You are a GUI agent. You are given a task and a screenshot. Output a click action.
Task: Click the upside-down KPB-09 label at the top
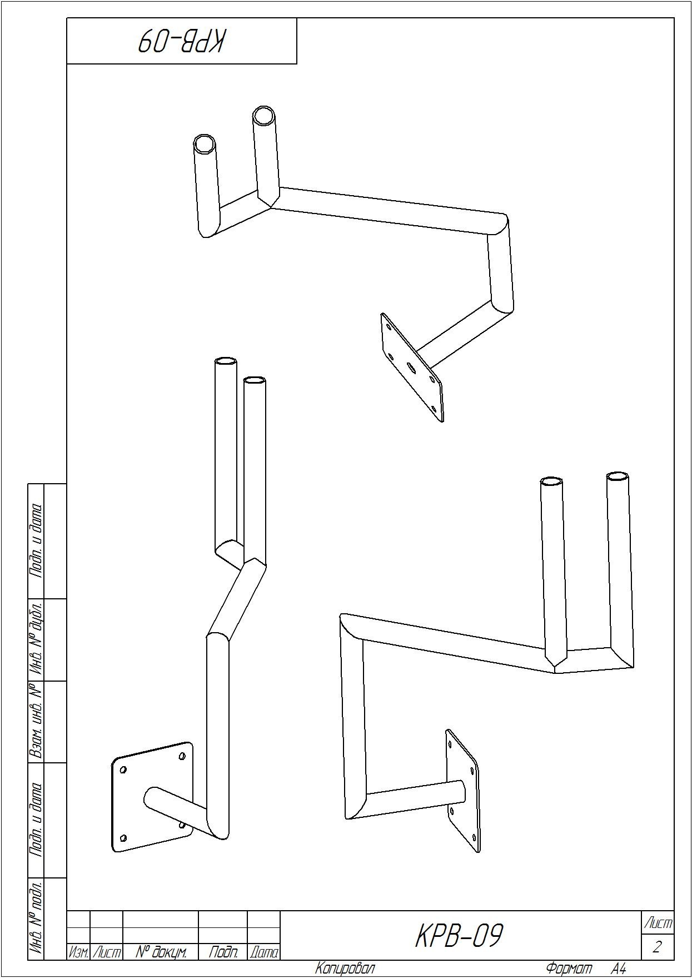pos(182,41)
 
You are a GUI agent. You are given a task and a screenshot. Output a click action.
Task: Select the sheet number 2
pos(658,947)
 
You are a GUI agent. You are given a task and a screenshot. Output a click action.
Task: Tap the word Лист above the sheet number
pos(658,924)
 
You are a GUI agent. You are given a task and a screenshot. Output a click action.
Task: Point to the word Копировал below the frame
pos(345,968)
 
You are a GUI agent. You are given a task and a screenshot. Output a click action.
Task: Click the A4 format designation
pos(619,969)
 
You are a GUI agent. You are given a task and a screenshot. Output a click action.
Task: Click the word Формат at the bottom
pos(569,968)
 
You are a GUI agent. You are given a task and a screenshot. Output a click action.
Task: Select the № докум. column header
pos(161,952)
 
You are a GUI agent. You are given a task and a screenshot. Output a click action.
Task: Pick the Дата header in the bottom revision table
pos(263,952)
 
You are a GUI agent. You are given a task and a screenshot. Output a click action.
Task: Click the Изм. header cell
pos(78,953)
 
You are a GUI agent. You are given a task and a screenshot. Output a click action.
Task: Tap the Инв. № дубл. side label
pos(36,639)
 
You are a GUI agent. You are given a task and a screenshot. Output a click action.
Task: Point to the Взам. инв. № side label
pos(36,721)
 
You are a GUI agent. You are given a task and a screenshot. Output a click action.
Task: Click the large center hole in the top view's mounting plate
pos(411,368)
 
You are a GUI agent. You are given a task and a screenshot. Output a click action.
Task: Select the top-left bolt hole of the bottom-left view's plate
pos(123,770)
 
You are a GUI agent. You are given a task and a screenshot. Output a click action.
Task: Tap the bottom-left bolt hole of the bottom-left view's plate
pos(123,838)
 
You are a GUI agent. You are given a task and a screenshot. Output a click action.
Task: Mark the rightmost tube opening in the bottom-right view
pos(618,476)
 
